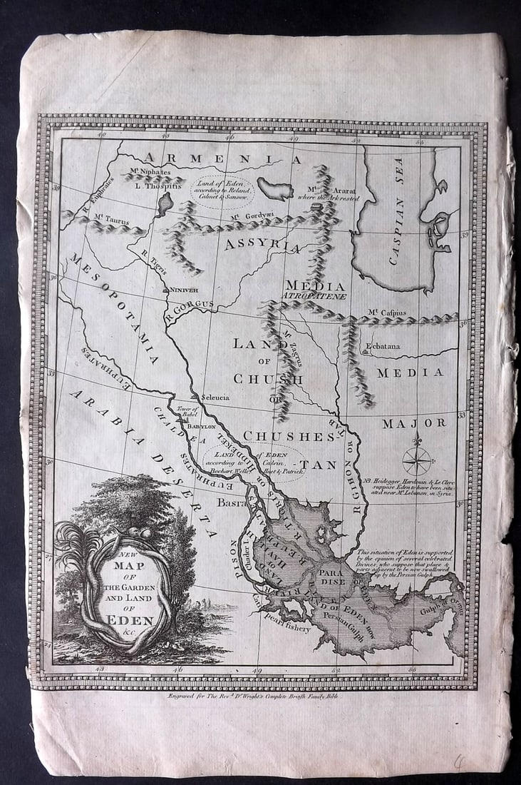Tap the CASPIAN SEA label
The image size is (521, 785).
point(397,211)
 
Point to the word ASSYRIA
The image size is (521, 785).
point(262,245)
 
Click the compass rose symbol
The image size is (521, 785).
point(417,460)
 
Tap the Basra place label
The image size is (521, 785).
point(230,503)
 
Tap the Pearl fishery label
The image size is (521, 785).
point(287,628)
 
